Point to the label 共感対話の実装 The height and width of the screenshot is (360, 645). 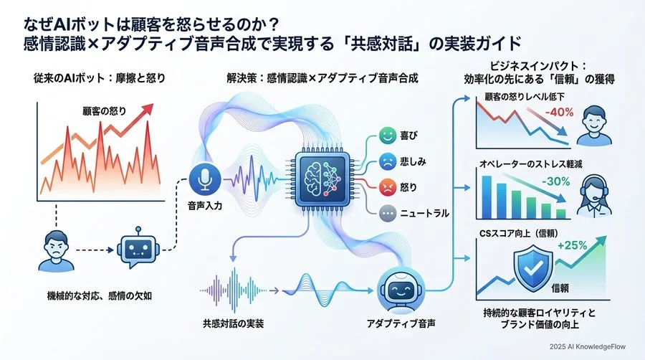tap(234, 323)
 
